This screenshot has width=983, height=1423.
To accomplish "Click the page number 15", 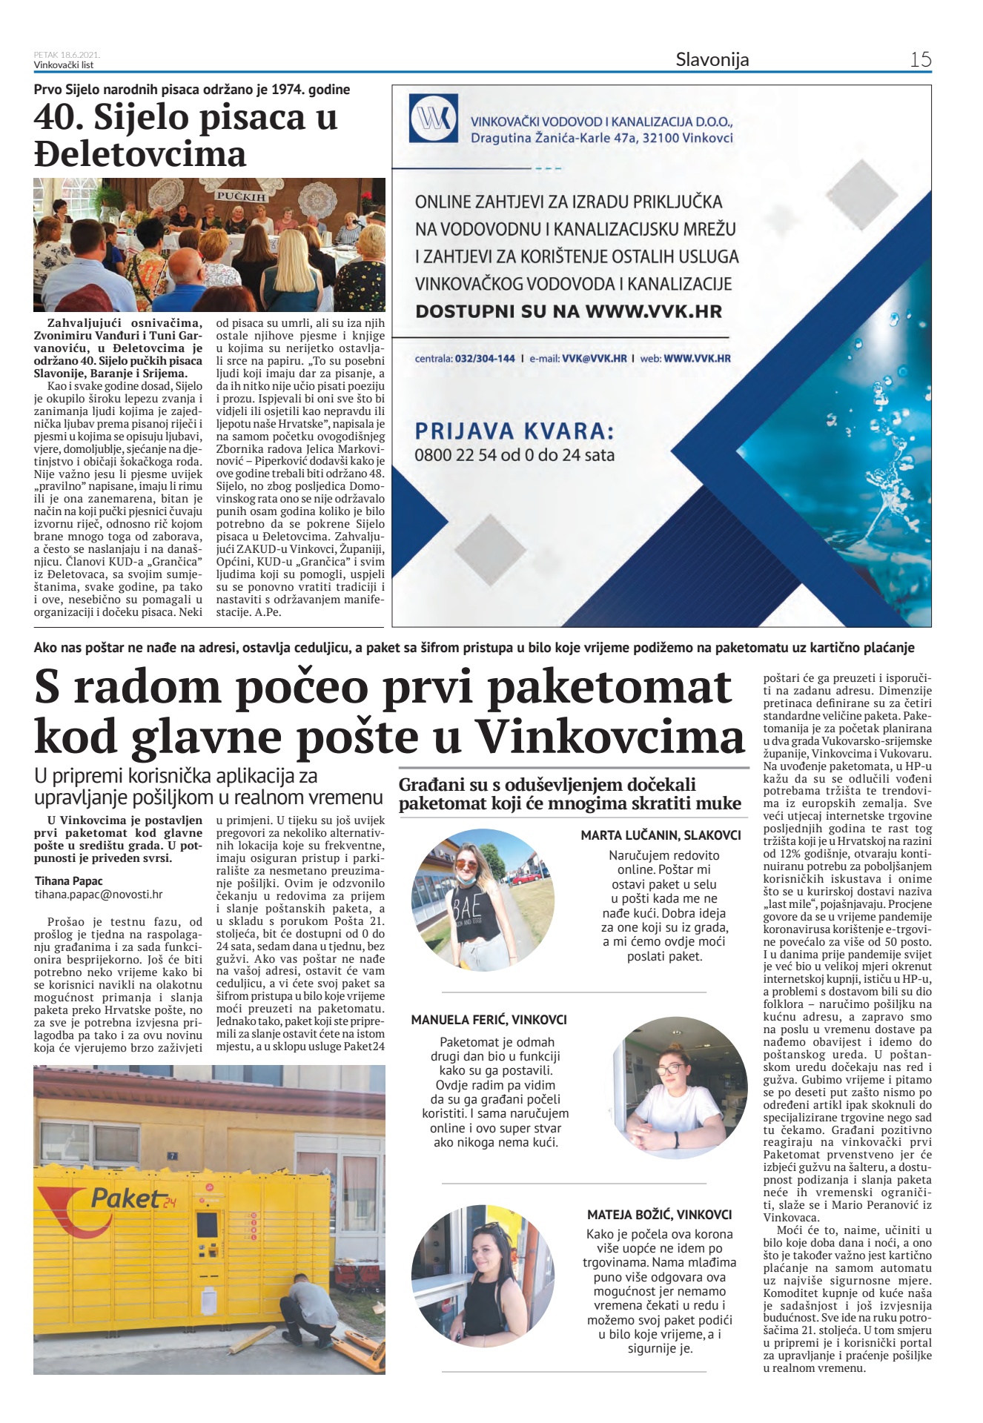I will (x=920, y=59).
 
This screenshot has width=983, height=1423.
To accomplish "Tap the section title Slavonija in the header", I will (x=712, y=60).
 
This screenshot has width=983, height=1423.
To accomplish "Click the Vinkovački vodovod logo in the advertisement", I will (x=434, y=119).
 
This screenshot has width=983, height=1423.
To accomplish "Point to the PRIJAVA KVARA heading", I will (x=514, y=431).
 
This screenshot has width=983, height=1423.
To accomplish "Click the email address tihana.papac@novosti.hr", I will (x=99, y=895).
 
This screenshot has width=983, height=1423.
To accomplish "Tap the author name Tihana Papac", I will (x=69, y=881).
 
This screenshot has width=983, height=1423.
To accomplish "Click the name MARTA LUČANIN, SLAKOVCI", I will (x=661, y=835).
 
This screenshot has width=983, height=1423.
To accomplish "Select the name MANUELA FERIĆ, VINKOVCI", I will (x=489, y=1020).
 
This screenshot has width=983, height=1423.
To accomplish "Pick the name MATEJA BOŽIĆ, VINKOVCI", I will (x=659, y=1215).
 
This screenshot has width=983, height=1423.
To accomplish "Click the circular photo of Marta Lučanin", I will (x=483, y=900).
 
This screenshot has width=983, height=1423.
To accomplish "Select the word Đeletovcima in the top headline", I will (x=140, y=154).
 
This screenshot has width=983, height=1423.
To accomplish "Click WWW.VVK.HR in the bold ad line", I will (x=653, y=311).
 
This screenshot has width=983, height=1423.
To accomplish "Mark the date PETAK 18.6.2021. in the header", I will (x=67, y=55).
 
